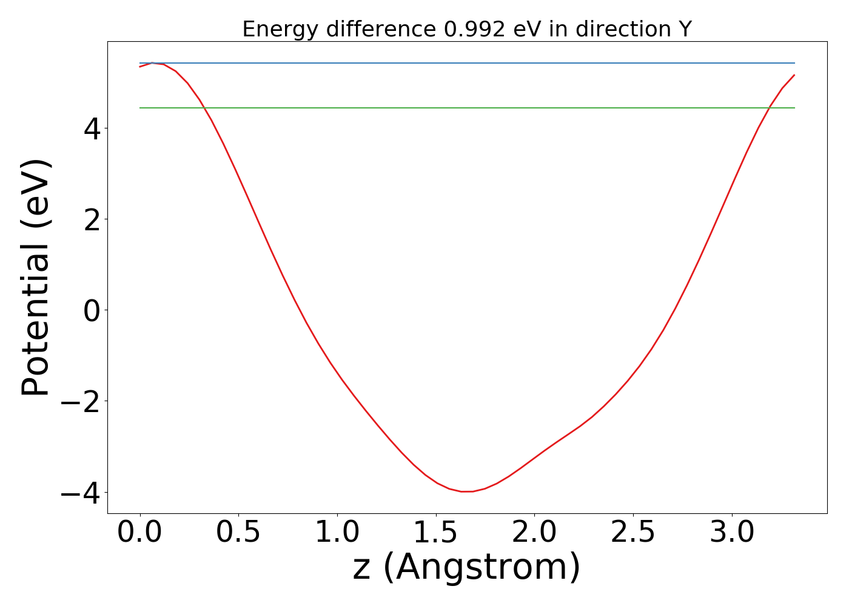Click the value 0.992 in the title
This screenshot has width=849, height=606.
[x=474, y=29]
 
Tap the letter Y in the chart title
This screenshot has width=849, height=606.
[x=685, y=29]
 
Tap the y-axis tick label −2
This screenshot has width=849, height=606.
[x=78, y=401]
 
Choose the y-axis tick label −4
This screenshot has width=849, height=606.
[x=78, y=492]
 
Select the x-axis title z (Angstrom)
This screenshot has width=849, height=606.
[x=466, y=568]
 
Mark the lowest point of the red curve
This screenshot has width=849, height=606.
[x=467, y=491]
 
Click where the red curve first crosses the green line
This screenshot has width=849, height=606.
[x=204, y=108]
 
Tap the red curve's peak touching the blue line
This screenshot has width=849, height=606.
[x=152, y=63]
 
